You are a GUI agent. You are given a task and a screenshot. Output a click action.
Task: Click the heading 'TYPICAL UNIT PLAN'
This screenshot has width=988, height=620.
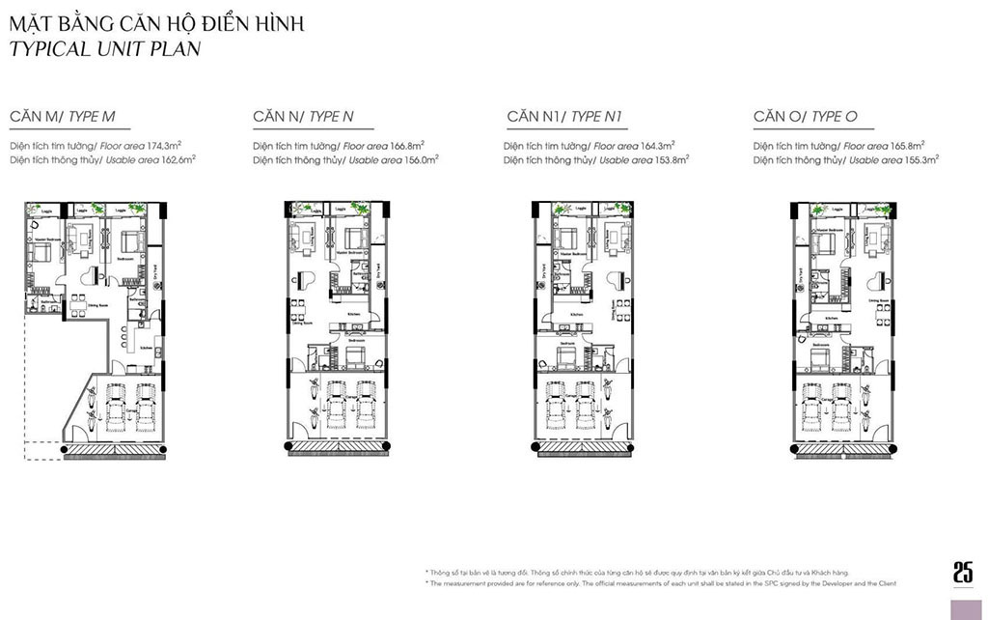point(105,48)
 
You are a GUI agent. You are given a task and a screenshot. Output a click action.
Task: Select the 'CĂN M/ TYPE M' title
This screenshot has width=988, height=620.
point(63,118)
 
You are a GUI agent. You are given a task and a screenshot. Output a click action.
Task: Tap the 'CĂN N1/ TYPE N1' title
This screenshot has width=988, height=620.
point(564,118)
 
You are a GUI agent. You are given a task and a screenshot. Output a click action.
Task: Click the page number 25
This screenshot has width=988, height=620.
point(962,572)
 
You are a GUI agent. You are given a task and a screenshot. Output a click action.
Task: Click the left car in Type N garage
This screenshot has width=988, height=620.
point(337,406)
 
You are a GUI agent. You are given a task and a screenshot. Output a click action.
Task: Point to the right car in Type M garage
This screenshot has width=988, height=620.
point(146,406)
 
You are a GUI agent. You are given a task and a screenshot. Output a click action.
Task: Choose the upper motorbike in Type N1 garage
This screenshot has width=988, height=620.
point(609,386)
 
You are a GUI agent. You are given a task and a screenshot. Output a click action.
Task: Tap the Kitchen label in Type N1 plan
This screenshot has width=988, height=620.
point(576,316)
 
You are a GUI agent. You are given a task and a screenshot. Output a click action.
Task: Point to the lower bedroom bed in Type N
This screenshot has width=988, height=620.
point(354,358)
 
